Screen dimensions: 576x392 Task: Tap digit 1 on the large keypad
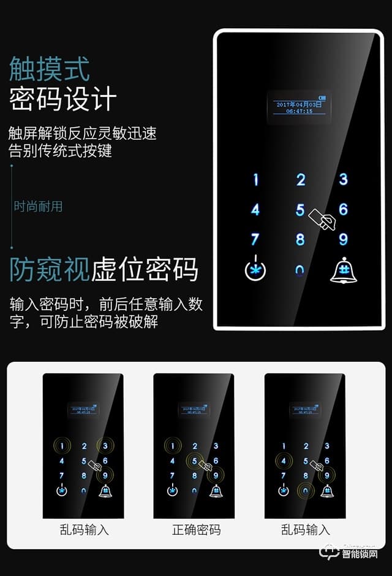tap(256, 180)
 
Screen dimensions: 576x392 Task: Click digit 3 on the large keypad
tap(343, 179)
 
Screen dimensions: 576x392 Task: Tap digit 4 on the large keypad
tap(255, 210)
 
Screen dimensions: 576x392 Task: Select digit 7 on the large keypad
tap(255, 239)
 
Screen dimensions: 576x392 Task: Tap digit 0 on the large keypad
tap(300, 271)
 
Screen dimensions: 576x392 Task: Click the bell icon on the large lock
tap(343, 271)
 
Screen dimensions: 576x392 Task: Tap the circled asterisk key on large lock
tap(255, 271)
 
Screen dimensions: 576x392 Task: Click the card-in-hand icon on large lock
tap(323, 219)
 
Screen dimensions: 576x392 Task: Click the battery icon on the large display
tap(323, 97)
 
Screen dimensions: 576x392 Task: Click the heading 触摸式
tap(50, 69)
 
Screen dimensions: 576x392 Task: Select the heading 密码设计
tap(62, 99)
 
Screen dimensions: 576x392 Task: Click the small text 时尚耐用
tap(39, 206)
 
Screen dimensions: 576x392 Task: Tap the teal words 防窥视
tap(50, 270)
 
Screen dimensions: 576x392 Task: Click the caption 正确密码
tap(196, 529)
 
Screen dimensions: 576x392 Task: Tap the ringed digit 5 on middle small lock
tap(195, 461)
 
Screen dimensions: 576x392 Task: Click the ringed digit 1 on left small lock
tap(61, 446)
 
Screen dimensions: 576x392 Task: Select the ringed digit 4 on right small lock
tap(283, 461)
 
